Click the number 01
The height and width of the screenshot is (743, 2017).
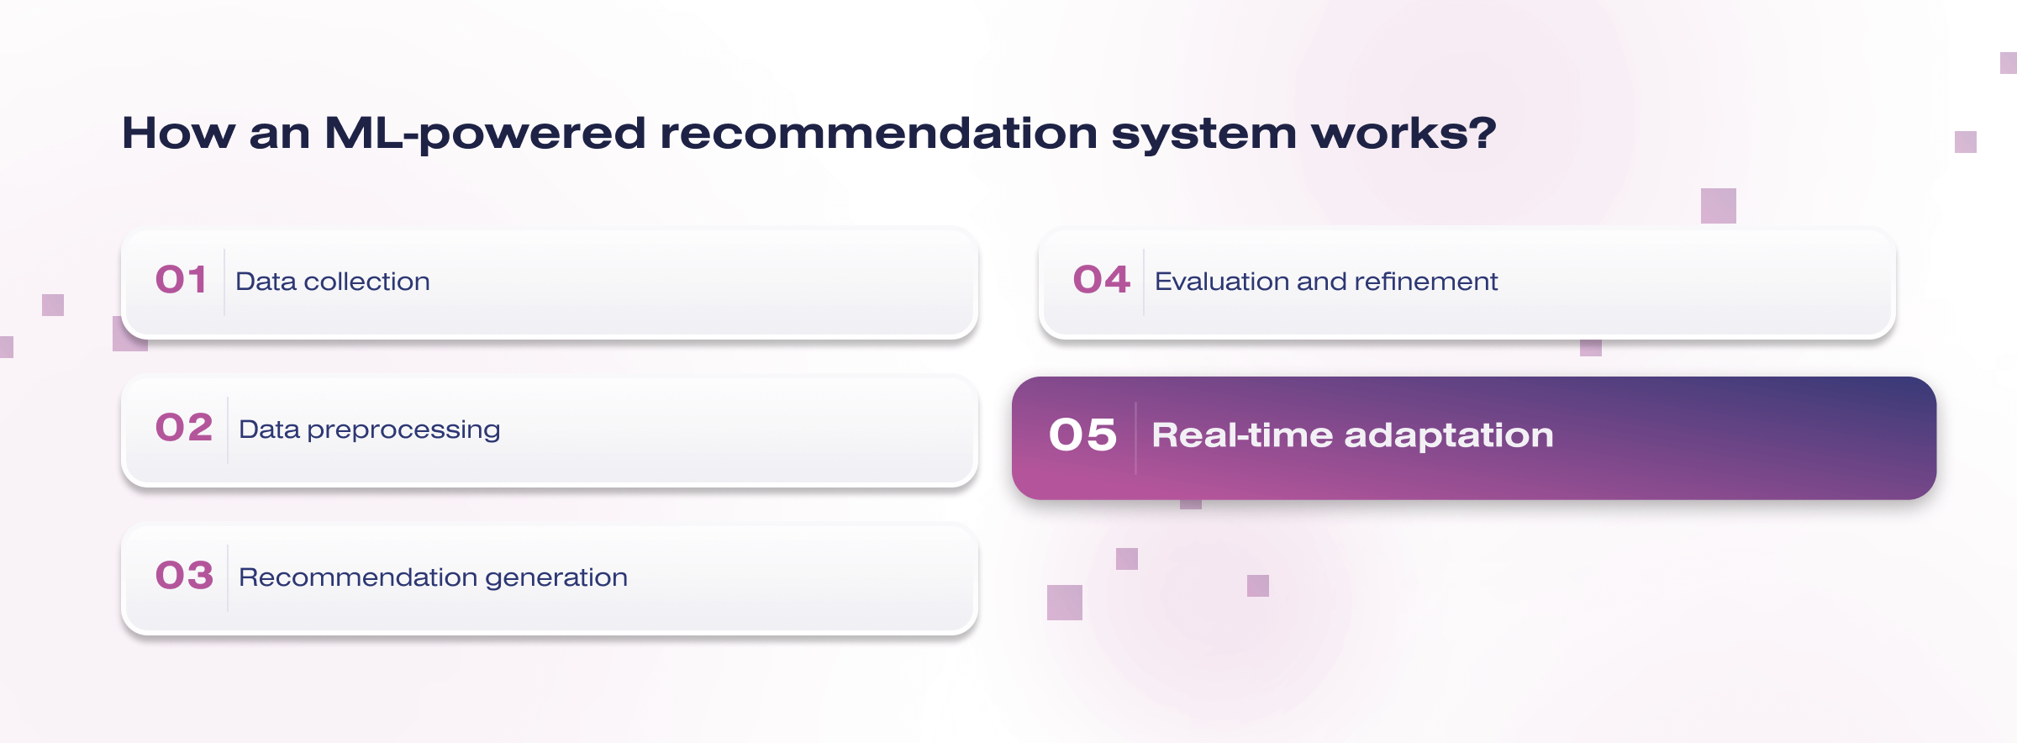(181, 280)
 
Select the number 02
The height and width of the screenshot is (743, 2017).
(184, 428)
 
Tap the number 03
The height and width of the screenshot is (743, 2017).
(184, 576)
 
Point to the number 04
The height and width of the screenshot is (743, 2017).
(1102, 280)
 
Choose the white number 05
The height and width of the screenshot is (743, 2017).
(1082, 435)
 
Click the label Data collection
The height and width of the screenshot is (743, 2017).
(333, 282)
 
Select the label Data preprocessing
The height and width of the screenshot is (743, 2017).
(370, 430)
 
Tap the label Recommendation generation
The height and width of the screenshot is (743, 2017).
(434, 577)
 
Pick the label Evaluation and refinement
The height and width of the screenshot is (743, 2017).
(1326, 282)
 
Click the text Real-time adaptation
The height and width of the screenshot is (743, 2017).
(1353, 435)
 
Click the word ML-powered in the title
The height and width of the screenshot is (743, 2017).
(485, 134)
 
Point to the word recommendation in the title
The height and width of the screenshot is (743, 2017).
(879, 134)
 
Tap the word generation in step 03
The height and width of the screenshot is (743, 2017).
(556, 578)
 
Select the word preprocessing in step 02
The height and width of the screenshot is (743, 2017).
(404, 431)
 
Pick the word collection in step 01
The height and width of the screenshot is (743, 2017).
(367, 282)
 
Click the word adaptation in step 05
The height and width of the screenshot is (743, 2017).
(1449, 436)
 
